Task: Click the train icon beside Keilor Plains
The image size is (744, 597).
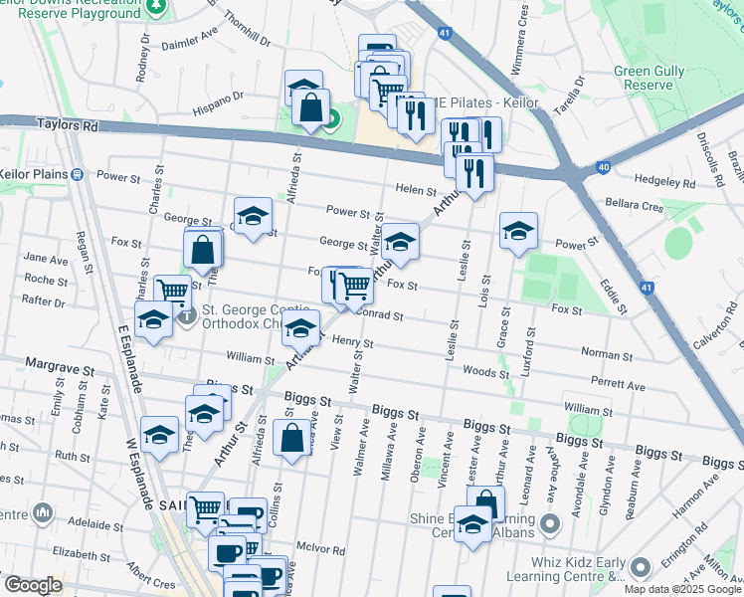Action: coord(78,174)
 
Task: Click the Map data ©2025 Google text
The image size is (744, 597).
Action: coord(682,589)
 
